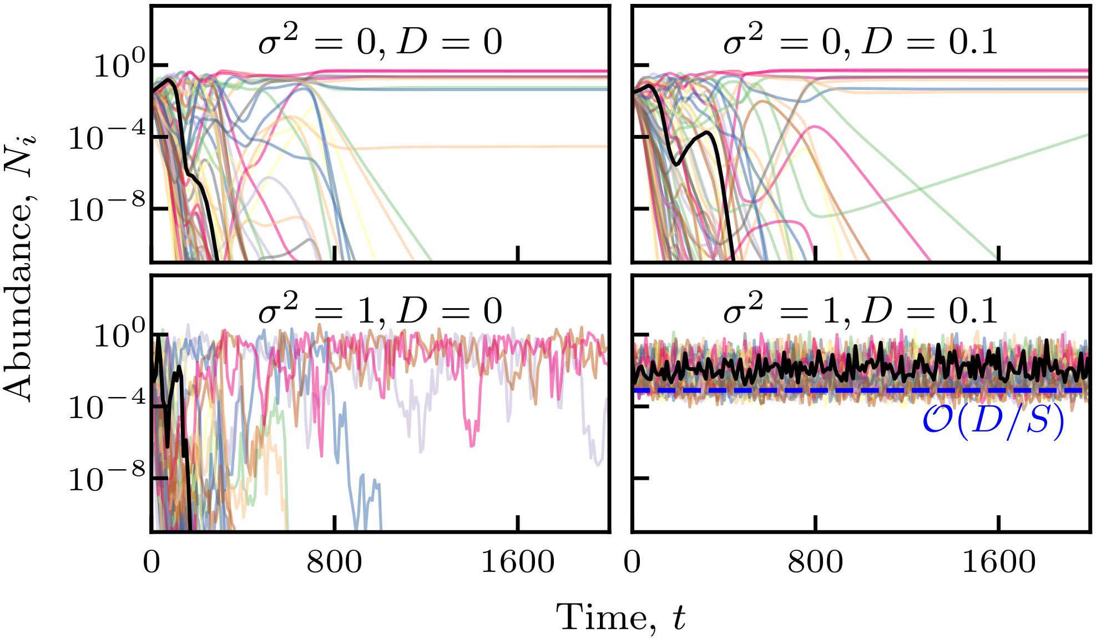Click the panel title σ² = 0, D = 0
tap(380, 42)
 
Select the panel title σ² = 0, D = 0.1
tap(860, 42)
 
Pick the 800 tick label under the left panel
tap(334, 562)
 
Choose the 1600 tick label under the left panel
tap(517, 562)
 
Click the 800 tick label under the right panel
tap(815, 562)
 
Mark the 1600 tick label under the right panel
tap(998, 562)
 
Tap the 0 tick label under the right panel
tap(632, 562)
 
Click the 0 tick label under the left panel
tap(151, 562)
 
